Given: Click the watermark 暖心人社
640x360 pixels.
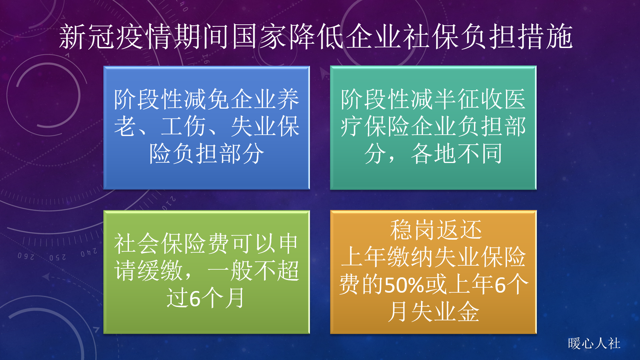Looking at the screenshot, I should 594,343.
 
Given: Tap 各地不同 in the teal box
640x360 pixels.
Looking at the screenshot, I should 457,154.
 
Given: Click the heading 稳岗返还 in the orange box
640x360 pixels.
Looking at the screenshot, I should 436,230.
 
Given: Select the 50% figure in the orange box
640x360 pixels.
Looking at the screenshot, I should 404,285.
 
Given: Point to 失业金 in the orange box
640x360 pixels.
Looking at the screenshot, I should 445,312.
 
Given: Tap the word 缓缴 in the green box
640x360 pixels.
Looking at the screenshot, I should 160,271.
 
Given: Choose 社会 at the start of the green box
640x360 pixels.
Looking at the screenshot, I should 136,244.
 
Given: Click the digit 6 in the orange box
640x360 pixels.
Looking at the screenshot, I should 500,285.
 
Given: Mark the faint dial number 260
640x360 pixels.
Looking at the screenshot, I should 26,256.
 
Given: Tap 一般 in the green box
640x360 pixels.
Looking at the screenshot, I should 230,271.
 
